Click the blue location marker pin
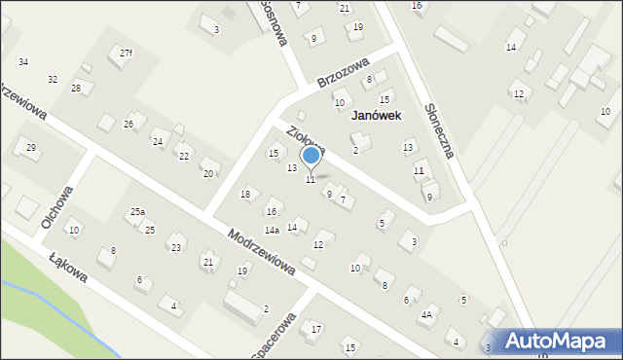tap(311, 156)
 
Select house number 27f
tap(126, 53)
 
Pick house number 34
tap(23, 62)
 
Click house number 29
tap(31, 148)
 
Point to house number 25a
tap(137, 211)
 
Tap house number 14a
tap(272, 231)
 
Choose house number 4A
tap(426, 315)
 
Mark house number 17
tap(315, 330)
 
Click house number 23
tap(176, 247)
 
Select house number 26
tap(128, 125)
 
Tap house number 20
tap(206, 174)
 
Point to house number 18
tap(245, 195)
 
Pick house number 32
tap(53, 80)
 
